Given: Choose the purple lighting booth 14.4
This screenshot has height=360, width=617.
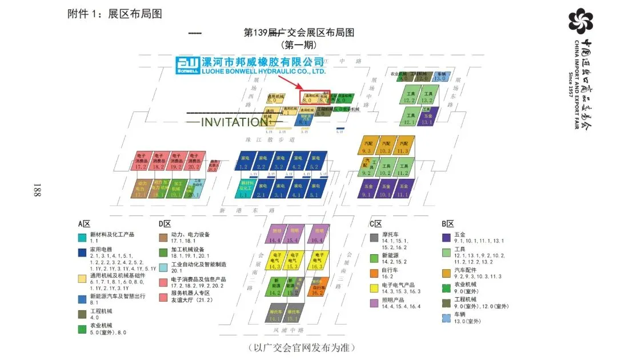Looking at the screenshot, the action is click(x=277, y=234).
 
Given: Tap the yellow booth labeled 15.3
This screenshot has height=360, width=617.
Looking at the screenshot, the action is click(x=293, y=261).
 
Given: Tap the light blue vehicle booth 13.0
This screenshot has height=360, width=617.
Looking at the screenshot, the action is click(x=440, y=77).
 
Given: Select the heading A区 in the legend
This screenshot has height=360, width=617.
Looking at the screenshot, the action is click(x=85, y=224).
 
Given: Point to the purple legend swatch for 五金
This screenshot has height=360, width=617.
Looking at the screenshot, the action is click(x=446, y=238).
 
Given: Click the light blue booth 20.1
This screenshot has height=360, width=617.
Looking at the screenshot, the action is click(x=195, y=190).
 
